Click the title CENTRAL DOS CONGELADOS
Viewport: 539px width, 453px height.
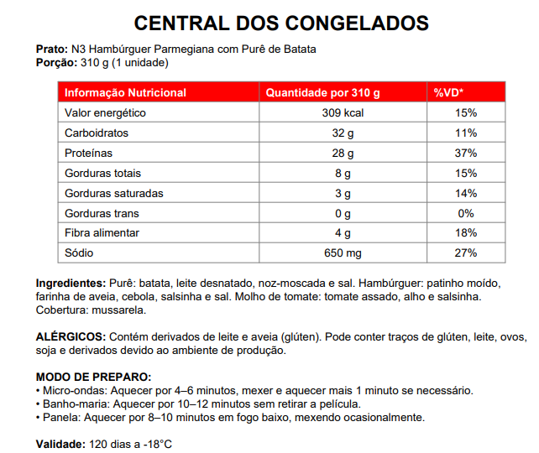(269, 23)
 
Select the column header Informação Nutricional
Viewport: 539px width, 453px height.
(126, 92)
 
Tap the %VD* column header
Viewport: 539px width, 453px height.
(449, 92)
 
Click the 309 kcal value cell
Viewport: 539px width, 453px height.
(342, 112)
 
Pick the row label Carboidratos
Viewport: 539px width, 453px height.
(98, 133)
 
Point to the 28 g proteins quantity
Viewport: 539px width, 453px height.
(342, 153)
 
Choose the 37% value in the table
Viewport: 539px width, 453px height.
(466, 153)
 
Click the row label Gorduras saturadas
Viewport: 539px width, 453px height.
(114, 193)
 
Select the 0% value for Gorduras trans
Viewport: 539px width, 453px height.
(466, 213)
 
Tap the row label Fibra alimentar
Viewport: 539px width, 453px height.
(102, 232)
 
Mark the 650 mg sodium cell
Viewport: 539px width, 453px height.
(342, 253)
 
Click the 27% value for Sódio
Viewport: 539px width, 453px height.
(466, 253)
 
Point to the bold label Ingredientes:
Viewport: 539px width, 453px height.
(71, 283)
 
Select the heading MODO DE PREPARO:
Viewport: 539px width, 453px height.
(93, 377)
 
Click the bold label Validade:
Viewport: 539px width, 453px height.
(60, 443)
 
